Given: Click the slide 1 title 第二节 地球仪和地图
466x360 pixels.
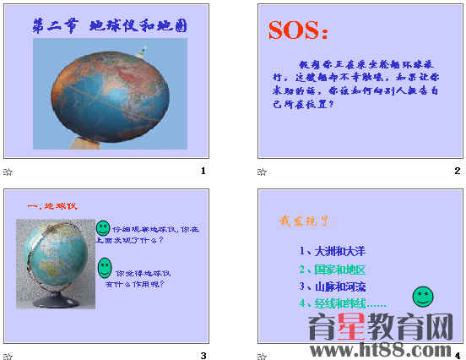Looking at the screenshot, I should pyautogui.click(x=109, y=26).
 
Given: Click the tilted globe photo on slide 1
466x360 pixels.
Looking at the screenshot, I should pyautogui.click(x=110, y=91).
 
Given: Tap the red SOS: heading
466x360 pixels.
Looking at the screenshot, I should pyautogui.click(x=299, y=30).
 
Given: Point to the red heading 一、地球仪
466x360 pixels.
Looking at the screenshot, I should pyautogui.click(x=52, y=205).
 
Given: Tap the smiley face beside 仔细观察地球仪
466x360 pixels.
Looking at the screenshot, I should pyautogui.click(x=102, y=228).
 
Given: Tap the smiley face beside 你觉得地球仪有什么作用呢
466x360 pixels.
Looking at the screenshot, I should pyautogui.click(x=104, y=268).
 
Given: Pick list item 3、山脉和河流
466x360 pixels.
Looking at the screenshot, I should pyautogui.click(x=332, y=286).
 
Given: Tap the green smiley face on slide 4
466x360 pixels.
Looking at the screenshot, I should pyautogui.click(x=422, y=297).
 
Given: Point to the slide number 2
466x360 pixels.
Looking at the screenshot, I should pyautogui.click(x=457, y=172).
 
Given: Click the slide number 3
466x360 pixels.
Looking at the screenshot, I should pyautogui.click(x=203, y=355).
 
